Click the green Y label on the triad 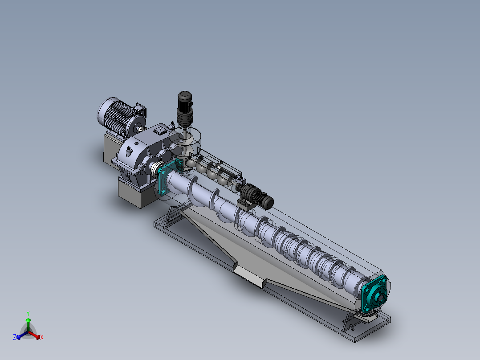(28, 313)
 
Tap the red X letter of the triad (42, 337)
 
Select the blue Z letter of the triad (15, 337)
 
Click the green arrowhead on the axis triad (28, 320)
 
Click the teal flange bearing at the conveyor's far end (375, 293)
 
